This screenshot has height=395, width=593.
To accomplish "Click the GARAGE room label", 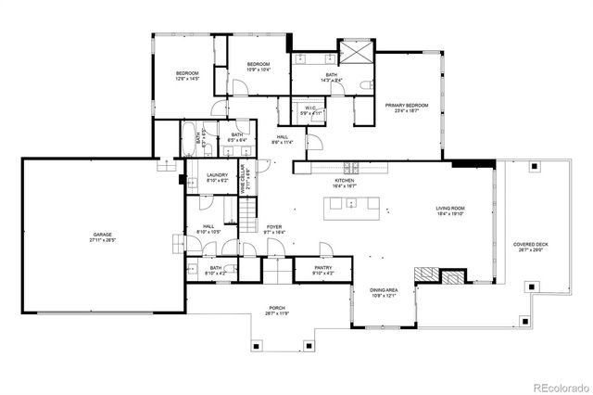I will (x=103, y=236).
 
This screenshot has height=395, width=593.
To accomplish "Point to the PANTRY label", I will (x=322, y=270).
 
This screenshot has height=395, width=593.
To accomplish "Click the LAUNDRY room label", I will (x=217, y=176).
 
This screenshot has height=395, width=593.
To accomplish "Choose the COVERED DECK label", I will (x=531, y=246).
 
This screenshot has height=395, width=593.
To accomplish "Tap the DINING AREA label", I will (x=384, y=291).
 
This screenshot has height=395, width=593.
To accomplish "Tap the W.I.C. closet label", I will (x=310, y=110).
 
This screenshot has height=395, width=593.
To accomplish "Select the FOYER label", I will (x=274, y=227).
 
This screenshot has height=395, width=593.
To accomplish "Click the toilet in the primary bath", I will (x=369, y=85).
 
